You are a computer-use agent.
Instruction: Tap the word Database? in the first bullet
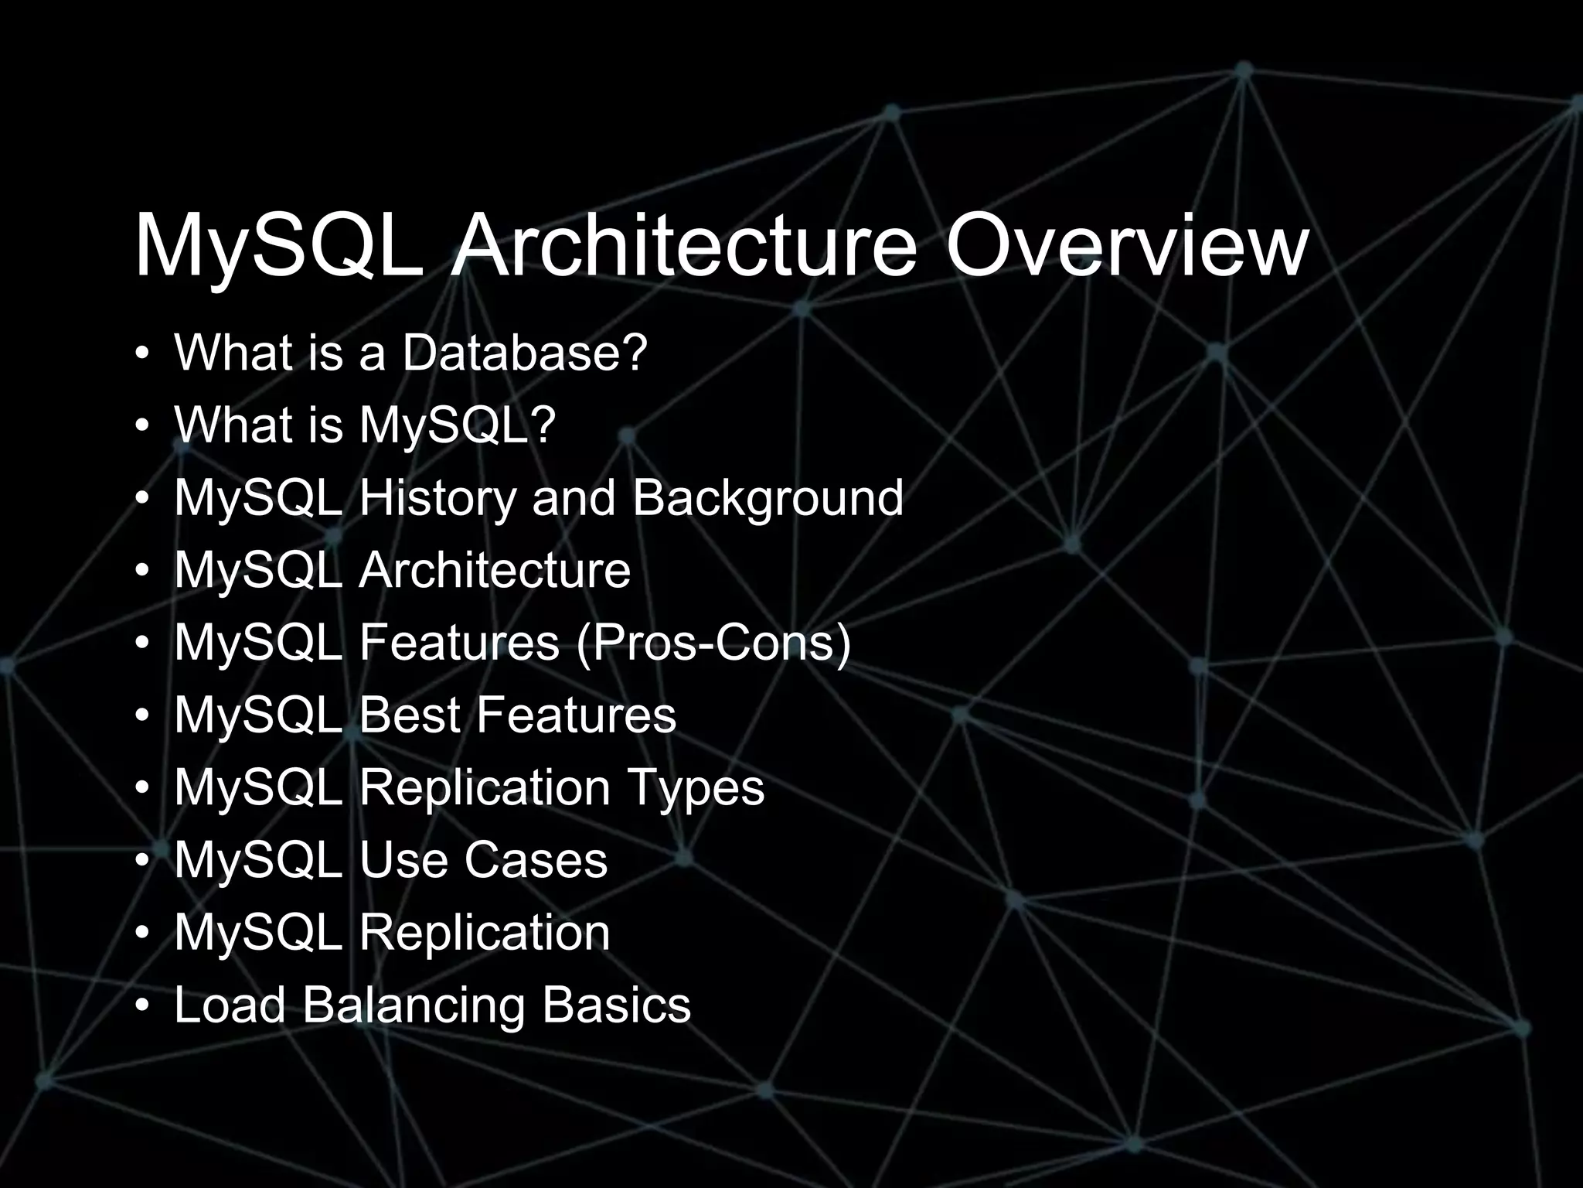pos(523,353)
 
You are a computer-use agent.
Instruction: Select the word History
pos(438,497)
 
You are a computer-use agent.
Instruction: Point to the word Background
pos(768,497)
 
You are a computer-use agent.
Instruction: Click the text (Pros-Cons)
pos(713,642)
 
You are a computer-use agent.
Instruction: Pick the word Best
pos(410,715)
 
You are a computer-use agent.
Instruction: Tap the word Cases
pos(536,860)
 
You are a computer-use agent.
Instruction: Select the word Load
pos(230,1005)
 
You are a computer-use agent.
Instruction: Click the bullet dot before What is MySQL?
pos(141,426)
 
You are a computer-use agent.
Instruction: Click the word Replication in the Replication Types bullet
pos(485,787)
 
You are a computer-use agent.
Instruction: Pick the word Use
pos(403,860)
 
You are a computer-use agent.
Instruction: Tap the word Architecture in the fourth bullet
pos(495,570)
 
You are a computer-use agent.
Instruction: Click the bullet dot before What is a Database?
pos(141,354)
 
